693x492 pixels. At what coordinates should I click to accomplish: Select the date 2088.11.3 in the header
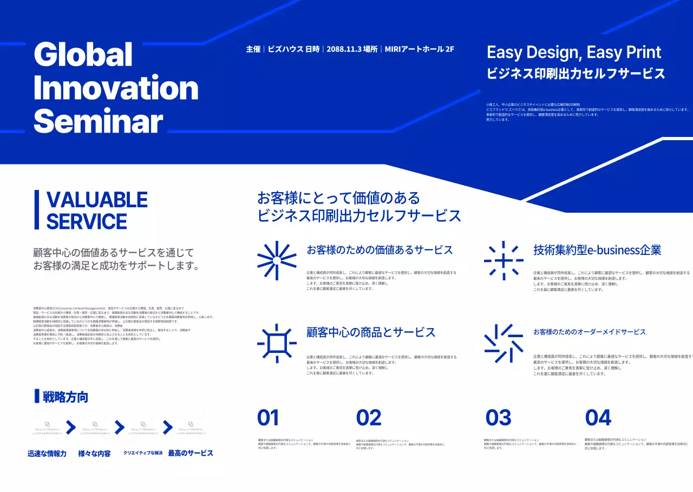click(344, 49)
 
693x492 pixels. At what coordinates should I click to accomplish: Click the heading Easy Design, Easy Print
click(574, 53)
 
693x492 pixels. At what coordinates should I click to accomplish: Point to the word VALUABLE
click(97, 200)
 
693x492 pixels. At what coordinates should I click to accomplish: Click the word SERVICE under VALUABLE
click(87, 221)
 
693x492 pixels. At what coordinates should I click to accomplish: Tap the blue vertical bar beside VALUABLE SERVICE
click(37, 209)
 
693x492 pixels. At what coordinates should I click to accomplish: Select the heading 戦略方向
click(65, 397)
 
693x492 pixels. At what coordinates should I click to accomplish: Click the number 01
click(268, 418)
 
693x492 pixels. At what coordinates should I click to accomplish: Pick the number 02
click(369, 418)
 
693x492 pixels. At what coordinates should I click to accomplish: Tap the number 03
click(498, 418)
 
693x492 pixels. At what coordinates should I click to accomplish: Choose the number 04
click(598, 418)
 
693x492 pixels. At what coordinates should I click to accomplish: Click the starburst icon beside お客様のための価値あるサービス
click(276, 260)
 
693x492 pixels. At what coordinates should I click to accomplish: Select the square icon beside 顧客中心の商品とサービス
click(277, 343)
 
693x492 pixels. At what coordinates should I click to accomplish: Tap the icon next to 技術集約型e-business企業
click(504, 260)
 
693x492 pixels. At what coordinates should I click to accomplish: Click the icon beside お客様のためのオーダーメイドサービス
click(504, 343)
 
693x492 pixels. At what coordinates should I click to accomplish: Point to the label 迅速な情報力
click(47, 454)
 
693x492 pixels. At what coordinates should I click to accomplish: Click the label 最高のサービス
click(191, 453)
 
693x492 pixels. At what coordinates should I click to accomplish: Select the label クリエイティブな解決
click(143, 453)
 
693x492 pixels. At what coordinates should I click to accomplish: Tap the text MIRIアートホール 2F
click(419, 49)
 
